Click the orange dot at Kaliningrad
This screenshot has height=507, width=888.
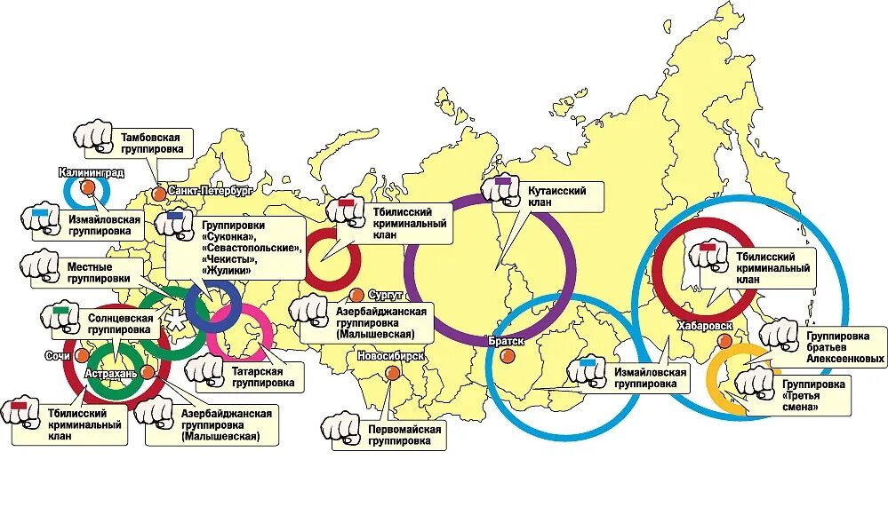[87, 187]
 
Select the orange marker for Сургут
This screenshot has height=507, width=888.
[356, 295]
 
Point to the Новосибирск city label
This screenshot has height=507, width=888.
[389, 357]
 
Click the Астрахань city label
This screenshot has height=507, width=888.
[111, 374]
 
